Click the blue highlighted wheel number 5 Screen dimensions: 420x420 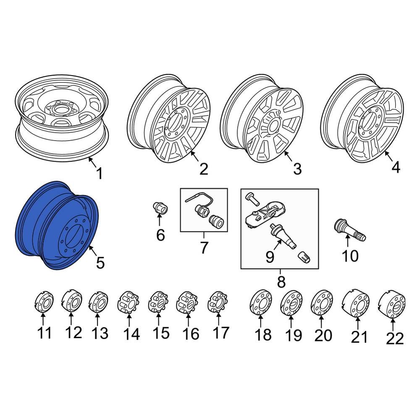(59, 225)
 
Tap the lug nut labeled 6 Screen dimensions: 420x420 (159, 207)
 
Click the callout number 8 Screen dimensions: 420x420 (281, 281)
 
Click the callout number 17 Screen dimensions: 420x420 (220, 333)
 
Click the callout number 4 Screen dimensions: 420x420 (395, 167)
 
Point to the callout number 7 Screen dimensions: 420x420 (204, 248)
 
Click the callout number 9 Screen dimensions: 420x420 (269, 256)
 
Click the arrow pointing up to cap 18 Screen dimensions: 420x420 (260, 322)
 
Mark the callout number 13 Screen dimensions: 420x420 (100, 333)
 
